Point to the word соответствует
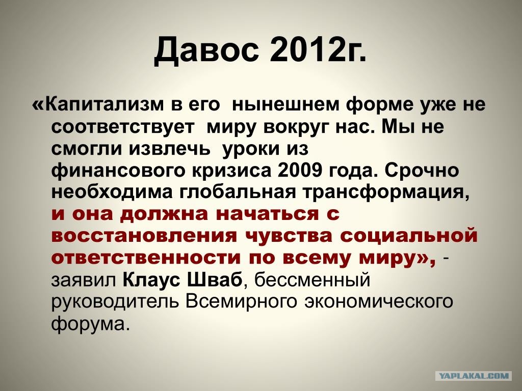[123, 127]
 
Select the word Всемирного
[242, 301]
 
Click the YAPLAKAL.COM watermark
[474, 376]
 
